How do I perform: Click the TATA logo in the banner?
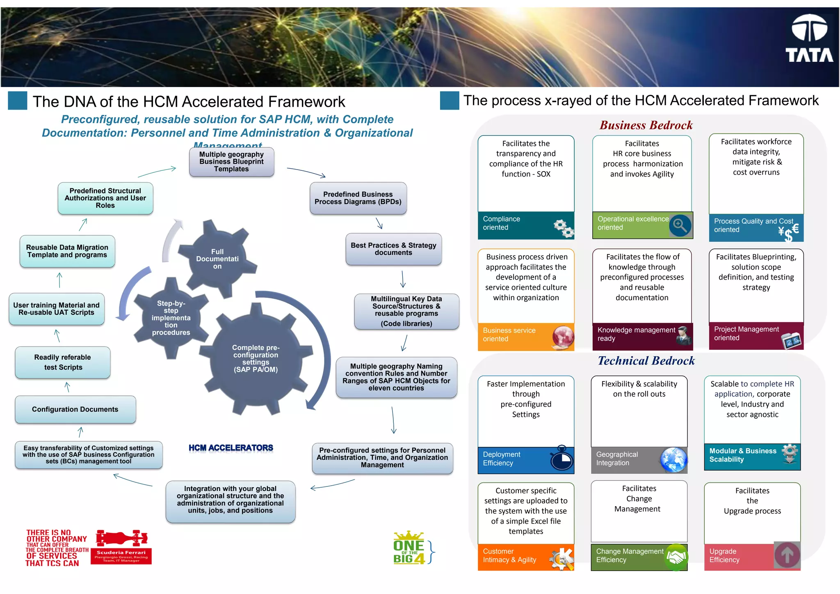[x=809, y=39]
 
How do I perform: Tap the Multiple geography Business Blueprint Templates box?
[x=231, y=162]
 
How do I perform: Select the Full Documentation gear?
[x=217, y=259]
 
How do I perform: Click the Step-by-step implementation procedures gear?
[x=171, y=318]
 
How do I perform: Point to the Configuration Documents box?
[x=75, y=409]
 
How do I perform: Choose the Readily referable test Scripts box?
[x=63, y=362]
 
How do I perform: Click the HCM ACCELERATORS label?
[x=231, y=448]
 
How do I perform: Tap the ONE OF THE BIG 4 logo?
[x=409, y=549]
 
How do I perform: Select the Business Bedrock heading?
[x=646, y=125]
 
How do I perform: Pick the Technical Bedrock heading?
[x=646, y=361]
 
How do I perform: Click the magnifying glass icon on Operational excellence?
[x=680, y=225]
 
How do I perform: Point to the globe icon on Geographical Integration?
[x=673, y=459]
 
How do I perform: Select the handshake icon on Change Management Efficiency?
[x=676, y=557]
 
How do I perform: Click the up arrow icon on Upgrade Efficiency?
[x=787, y=555]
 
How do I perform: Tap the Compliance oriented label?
[x=501, y=223]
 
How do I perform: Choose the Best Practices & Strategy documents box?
[x=393, y=249]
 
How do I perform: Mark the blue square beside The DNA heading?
[x=18, y=101]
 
